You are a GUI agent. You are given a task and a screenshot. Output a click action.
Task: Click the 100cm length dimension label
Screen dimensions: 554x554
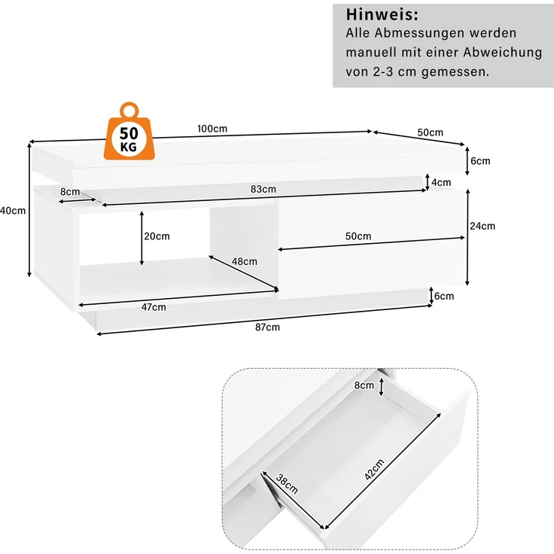[212, 129]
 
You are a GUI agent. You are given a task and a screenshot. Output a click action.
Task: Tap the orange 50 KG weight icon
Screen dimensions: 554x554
[129, 131]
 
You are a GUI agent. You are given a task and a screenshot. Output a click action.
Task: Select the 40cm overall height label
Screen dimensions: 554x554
[13, 211]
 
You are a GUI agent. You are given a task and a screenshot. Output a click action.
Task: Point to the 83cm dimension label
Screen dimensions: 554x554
[263, 189]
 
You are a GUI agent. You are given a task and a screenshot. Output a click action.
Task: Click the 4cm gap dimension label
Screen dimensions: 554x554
[441, 182]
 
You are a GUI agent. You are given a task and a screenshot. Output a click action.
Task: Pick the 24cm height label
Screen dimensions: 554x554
[482, 226]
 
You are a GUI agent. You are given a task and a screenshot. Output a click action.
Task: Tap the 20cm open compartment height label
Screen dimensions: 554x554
[157, 236]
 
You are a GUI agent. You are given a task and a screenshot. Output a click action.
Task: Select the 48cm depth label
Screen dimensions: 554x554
[245, 261]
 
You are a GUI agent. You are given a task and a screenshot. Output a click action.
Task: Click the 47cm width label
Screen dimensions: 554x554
[154, 307]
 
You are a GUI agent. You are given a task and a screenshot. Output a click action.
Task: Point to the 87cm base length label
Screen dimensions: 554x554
[267, 327]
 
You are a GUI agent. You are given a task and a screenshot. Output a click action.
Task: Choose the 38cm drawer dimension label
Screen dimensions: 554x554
[287, 484]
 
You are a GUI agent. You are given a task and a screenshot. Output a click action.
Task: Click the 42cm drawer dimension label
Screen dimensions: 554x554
[374, 470]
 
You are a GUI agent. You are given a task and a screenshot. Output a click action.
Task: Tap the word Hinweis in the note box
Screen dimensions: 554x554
[382, 14]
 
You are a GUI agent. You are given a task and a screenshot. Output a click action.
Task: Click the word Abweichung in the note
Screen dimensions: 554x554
[503, 52]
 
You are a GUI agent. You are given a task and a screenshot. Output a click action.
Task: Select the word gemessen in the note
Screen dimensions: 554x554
[455, 72]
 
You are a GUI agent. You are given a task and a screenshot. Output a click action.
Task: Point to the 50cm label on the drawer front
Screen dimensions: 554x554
[358, 236]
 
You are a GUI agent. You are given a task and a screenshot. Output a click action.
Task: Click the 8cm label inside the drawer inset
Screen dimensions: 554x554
[364, 385]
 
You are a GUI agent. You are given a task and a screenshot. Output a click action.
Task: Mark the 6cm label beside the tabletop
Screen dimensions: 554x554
[480, 161]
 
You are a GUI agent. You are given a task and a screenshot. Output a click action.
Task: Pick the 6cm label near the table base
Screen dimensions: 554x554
[444, 296]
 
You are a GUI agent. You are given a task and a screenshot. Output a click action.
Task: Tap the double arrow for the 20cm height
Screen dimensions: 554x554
[142, 238]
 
